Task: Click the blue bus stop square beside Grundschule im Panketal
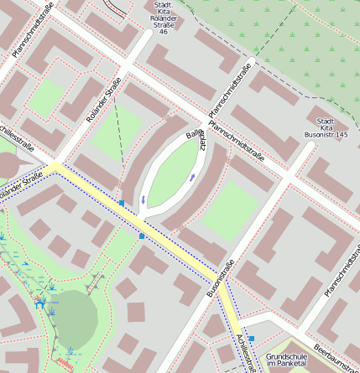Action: pos(251,339)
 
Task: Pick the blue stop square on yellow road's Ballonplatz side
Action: pos(122,203)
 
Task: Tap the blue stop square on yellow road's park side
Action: pos(142,236)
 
